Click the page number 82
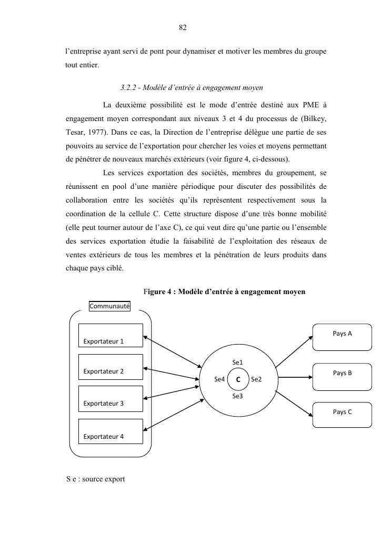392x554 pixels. (183, 27)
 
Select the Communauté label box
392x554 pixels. (109, 306)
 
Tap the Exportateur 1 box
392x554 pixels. (110, 336)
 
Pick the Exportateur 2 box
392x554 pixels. (110, 366)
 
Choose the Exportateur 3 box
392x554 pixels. (110, 398)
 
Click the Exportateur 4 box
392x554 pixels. (110, 431)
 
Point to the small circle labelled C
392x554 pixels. (238, 379)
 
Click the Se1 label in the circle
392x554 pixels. (237, 362)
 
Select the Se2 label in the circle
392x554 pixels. (256, 379)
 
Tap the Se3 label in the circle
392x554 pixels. (237, 396)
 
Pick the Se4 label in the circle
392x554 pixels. (219, 379)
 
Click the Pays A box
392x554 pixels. (342, 337)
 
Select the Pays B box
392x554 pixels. (342, 376)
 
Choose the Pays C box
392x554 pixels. (342, 415)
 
